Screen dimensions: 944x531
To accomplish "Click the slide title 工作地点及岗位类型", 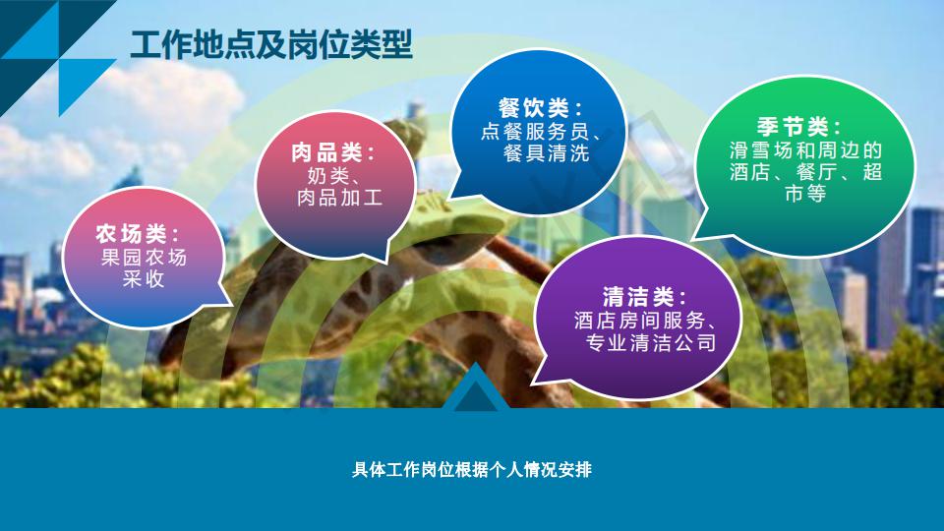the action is point(271,44).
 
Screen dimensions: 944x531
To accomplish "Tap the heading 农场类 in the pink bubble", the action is point(131,234).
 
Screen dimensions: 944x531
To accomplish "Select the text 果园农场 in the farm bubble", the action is point(144,258).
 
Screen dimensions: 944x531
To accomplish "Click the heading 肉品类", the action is point(325,152).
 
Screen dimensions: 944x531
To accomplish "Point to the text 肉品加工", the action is point(340,198).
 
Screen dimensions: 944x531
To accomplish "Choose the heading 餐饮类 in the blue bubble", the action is point(533,108).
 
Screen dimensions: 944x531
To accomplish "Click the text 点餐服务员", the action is point(535,131).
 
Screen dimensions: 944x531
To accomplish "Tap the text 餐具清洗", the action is point(546,153).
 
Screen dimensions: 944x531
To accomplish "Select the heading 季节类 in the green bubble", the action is point(793,127).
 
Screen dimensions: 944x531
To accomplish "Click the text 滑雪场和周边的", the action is point(805,149).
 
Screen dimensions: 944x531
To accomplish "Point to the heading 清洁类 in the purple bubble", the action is point(638,297).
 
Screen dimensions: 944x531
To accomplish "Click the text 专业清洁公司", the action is point(651,342).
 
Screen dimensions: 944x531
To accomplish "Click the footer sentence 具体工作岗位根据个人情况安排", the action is point(472,470).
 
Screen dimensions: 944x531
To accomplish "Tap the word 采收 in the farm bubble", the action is point(144,279).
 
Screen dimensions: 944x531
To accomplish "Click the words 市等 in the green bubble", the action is point(805,194).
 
